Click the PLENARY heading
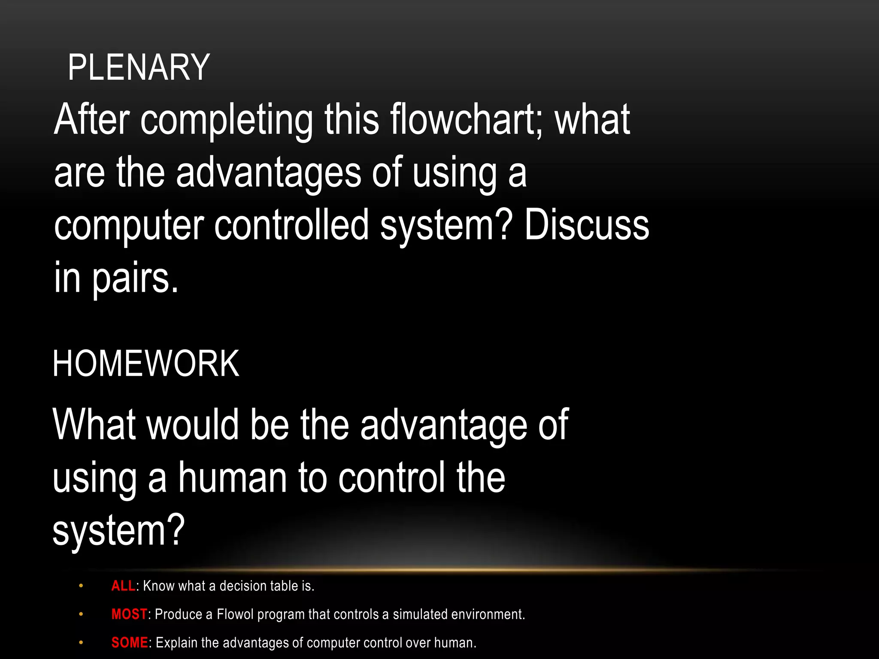(x=139, y=67)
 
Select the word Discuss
(x=586, y=225)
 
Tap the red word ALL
(x=124, y=586)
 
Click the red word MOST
(x=129, y=614)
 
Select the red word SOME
(x=130, y=643)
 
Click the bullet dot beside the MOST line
(x=81, y=614)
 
